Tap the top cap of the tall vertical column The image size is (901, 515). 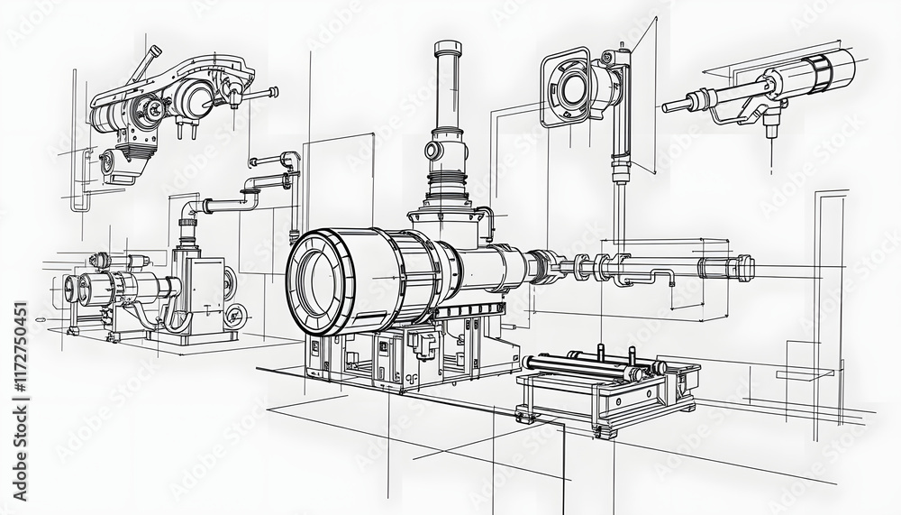click(447, 48)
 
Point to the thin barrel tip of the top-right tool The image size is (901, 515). click(671, 107)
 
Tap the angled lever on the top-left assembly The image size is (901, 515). click(143, 65)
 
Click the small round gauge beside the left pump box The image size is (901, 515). click(236, 316)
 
